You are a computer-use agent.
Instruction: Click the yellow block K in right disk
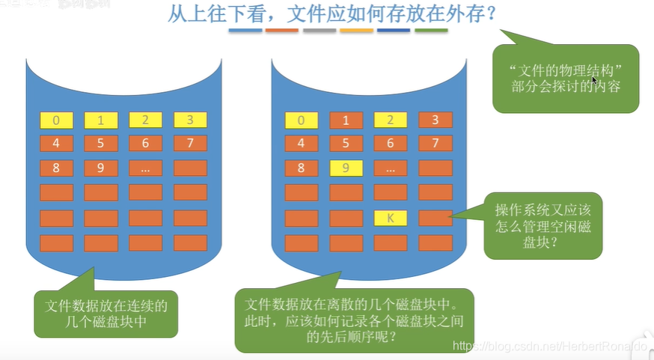pos(390,219)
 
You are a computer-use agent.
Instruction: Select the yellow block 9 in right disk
pos(346,168)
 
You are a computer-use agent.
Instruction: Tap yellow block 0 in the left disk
pos(57,120)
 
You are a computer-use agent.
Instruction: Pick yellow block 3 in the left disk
pos(190,120)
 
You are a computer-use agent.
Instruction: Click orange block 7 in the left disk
pos(190,144)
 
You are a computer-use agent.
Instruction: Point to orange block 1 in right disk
pos(346,120)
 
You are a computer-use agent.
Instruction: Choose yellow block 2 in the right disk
pos(390,120)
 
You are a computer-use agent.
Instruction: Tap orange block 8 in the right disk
pos(302,168)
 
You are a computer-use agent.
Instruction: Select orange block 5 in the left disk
pos(101,144)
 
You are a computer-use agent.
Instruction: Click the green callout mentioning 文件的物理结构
pos(566,79)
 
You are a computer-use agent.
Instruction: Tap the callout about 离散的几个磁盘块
pos(353,320)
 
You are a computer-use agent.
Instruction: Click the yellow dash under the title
pos(356,31)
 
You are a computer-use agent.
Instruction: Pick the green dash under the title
pos(431,31)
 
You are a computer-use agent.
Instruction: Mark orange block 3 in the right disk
pos(435,120)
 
